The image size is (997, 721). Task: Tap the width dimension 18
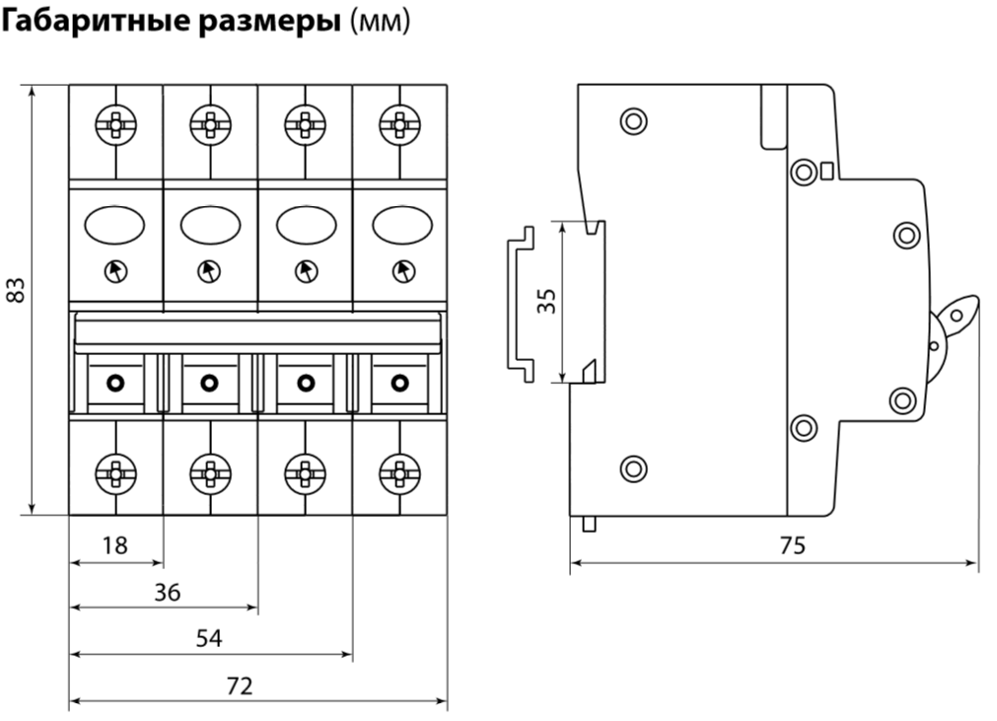click(115, 545)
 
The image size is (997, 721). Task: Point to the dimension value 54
click(208, 638)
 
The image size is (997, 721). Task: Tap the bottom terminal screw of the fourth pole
click(399, 469)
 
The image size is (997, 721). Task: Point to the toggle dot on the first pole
click(115, 382)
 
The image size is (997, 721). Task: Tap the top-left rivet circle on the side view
click(632, 122)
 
